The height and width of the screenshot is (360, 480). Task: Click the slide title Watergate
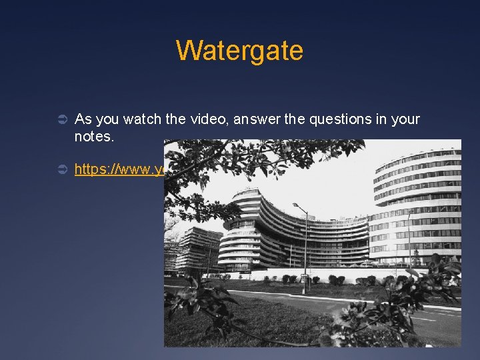pos(239,51)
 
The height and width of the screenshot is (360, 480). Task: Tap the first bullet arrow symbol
pos(59,120)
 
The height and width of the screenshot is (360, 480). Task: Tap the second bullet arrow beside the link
pos(59,170)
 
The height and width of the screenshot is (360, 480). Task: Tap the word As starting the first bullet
pos(83,119)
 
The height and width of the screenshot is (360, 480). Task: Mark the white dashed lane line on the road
pos(427,318)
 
